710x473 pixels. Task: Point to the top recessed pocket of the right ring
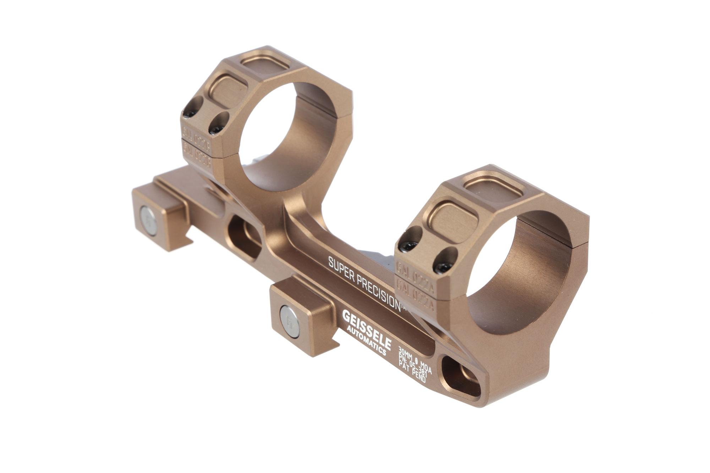tap(493, 185)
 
